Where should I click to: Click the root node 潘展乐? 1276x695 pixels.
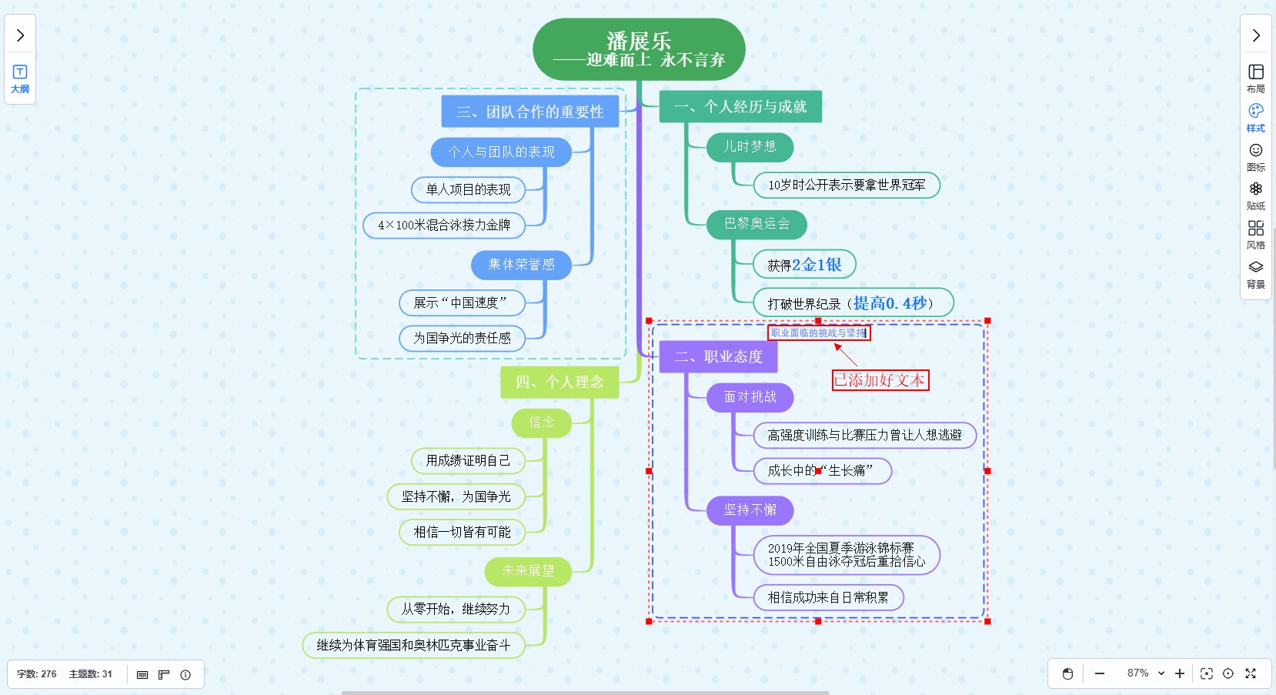(x=639, y=49)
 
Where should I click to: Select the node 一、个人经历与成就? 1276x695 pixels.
(x=740, y=107)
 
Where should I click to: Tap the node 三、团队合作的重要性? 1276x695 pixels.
(x=529, y=112)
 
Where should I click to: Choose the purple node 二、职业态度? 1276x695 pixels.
(x=718, y=357)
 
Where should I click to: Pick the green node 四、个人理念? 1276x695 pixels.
(x=560, y=382)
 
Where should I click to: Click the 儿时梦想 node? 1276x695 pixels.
(x=750, y=147)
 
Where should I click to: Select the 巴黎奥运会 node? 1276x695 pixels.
(x=757, y=224)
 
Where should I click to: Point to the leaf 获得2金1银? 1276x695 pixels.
(x=804, y=265)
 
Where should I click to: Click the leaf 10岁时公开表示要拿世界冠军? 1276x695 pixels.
(x=847, y=185)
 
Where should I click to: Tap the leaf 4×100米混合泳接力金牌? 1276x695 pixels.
(x=444, y=226)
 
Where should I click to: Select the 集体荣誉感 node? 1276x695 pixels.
(x=521, y=265)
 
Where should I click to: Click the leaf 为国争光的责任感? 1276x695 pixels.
(x=462, y=338)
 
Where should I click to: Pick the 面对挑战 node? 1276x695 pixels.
(x=750, y=397)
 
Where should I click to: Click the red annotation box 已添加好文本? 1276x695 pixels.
(x=880, y=380)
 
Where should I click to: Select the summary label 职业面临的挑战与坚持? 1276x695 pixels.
(x=819, y=333)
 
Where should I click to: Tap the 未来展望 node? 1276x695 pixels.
(x=528, y=571)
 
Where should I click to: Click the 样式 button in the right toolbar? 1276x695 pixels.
(x=1256, y=117)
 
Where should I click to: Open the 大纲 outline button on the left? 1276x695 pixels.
(x=20, y=79)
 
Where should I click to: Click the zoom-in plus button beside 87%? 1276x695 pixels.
(x=1180, y=673)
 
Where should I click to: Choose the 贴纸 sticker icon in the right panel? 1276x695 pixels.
(x=1256, y=195)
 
